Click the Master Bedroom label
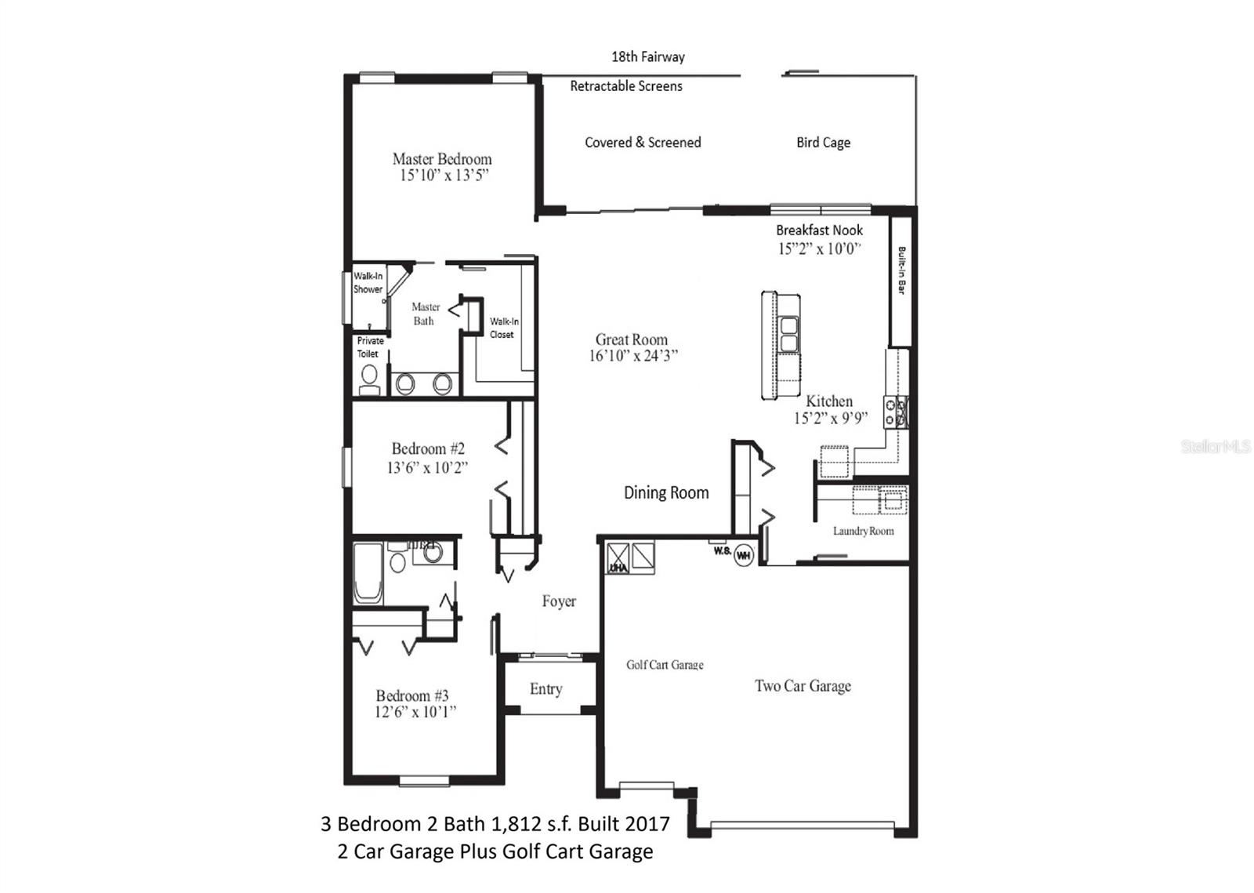coord(442,159)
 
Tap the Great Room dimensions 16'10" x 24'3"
coord(632,356)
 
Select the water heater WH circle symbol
coord(743,556)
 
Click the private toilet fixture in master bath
coord(368,379)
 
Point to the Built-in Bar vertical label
coord(901,271)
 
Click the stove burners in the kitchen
coord(896,412)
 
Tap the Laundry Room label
coord(862,531)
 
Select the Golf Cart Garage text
coord(665,665)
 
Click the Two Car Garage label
coord(803,686)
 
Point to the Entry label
coord(545,689)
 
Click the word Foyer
coord(559,601)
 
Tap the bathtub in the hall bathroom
coord(368,575)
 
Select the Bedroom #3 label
coord(412,695)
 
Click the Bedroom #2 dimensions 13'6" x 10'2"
coord(427,468)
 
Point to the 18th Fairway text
coord(647,56)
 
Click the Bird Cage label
coord(823,143)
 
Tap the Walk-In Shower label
coord(368,282)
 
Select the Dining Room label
coord(666,492)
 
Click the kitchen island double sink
coord(788,335)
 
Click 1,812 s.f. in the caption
coord(532,824)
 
